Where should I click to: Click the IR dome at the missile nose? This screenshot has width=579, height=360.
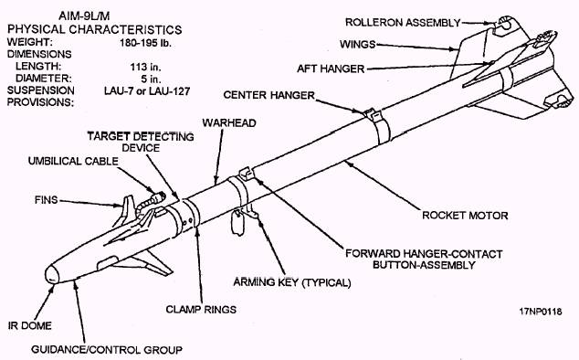click(x=52, y=275)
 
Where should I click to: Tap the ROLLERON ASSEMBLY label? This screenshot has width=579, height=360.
click(x=403, y=23)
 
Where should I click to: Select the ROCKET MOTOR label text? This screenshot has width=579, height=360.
click(x=465, y=215)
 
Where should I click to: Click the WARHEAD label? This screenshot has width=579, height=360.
click(x=229, y=122)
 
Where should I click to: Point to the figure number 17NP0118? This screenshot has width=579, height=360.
click(x=541, y=312)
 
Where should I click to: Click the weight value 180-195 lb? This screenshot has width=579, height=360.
click(x=145, y=43)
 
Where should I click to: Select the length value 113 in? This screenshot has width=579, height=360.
click(x=145, y=67)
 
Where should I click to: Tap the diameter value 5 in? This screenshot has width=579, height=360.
click(x=151, y=79)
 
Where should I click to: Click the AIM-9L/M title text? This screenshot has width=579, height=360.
click(x=84, y=16)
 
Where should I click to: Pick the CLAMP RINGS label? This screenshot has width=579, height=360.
click(x=201, y=309)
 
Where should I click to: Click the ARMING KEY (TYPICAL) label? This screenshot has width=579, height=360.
click(x=291, y=282)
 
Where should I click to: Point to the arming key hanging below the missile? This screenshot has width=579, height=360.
click(x=237, y=223)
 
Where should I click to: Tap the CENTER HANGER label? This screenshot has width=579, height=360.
click(x=268, y=95)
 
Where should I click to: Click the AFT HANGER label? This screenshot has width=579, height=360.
click(x=331, y=69)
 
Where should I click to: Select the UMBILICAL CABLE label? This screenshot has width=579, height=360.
click(x=73, y=161)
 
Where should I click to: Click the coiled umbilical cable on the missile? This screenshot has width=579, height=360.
click(x=150, y=203)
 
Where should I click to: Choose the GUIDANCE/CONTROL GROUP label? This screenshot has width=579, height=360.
click(x=107, y=349)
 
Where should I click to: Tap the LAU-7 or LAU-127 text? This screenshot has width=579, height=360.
click(x=147, y=90)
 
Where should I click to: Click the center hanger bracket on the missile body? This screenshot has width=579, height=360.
click(x=373, y=114)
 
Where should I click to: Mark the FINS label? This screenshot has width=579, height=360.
click(x=47, y=199)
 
